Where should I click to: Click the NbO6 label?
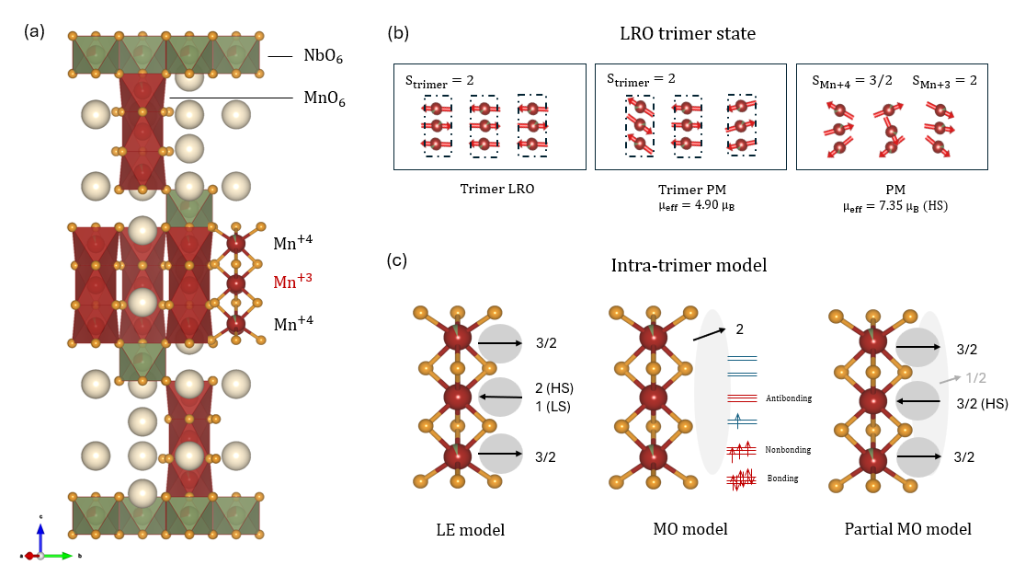[x=323, y=56]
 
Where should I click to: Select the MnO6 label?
[x=324, y=98]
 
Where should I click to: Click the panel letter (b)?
[x=398, y=33]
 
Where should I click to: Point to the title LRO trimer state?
[x=688, y=34]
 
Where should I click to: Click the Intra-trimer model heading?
[x=689, y=265]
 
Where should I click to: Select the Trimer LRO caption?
[x=496, y=189]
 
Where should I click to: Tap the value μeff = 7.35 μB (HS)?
[x=895, y=206]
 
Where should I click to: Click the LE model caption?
[x=470, y=530]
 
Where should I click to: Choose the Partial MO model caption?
[x=908, y=529]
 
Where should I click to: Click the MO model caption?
[x=690, y=529]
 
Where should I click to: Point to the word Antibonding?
[x=788, y=398]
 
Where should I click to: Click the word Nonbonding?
[x=788, y=450]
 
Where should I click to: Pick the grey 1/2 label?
[x=975, y=377]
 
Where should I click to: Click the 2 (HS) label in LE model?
[x=554, y=388]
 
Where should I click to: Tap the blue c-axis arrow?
[x=40, y=537]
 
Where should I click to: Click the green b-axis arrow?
[x=58, y=555]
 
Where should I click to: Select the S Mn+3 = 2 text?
[x=944, y=81]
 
